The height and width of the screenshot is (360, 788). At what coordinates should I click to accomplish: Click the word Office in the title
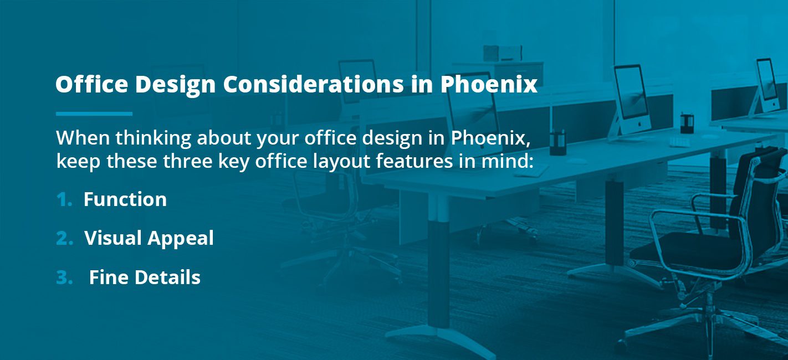[x=91, y=84]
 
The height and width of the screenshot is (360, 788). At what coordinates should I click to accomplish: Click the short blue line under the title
[x=94, y=114]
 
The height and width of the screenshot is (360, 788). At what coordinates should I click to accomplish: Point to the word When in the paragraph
[x=83, y=137]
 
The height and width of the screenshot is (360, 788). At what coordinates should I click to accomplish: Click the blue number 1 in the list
[x=64, y=199]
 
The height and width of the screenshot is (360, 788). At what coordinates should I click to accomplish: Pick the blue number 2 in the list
[x=65, y=238]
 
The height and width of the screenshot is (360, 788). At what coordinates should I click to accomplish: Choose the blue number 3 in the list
[x=64, y=277]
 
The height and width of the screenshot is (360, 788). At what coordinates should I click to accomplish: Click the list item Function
[x=125, y=199]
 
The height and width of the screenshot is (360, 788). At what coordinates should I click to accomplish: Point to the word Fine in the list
[x=109, y=277]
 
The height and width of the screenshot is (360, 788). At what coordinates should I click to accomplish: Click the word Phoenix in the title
[x=489, y=84]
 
